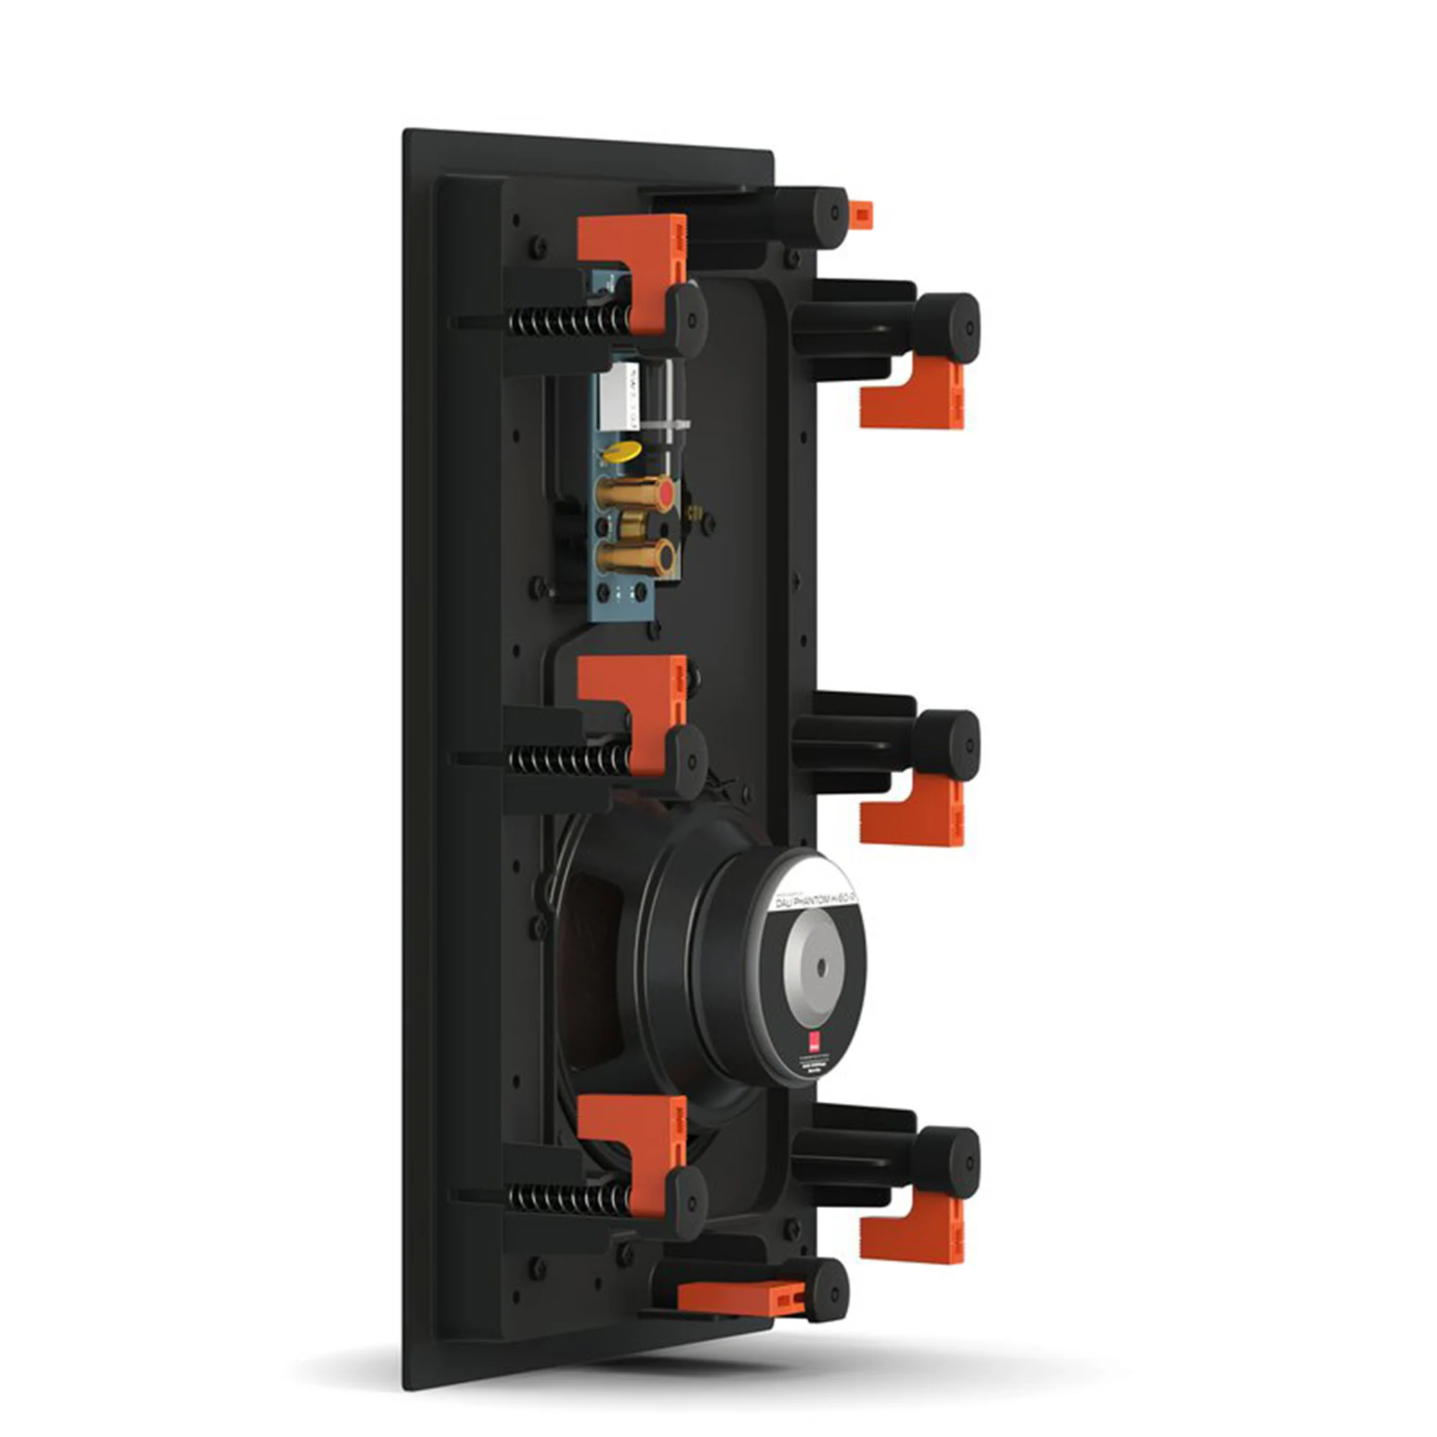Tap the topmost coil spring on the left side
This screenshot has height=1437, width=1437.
[569, 320]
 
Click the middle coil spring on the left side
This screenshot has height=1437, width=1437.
[569, 759]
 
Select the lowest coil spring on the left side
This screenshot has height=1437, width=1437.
[569, 1198]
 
